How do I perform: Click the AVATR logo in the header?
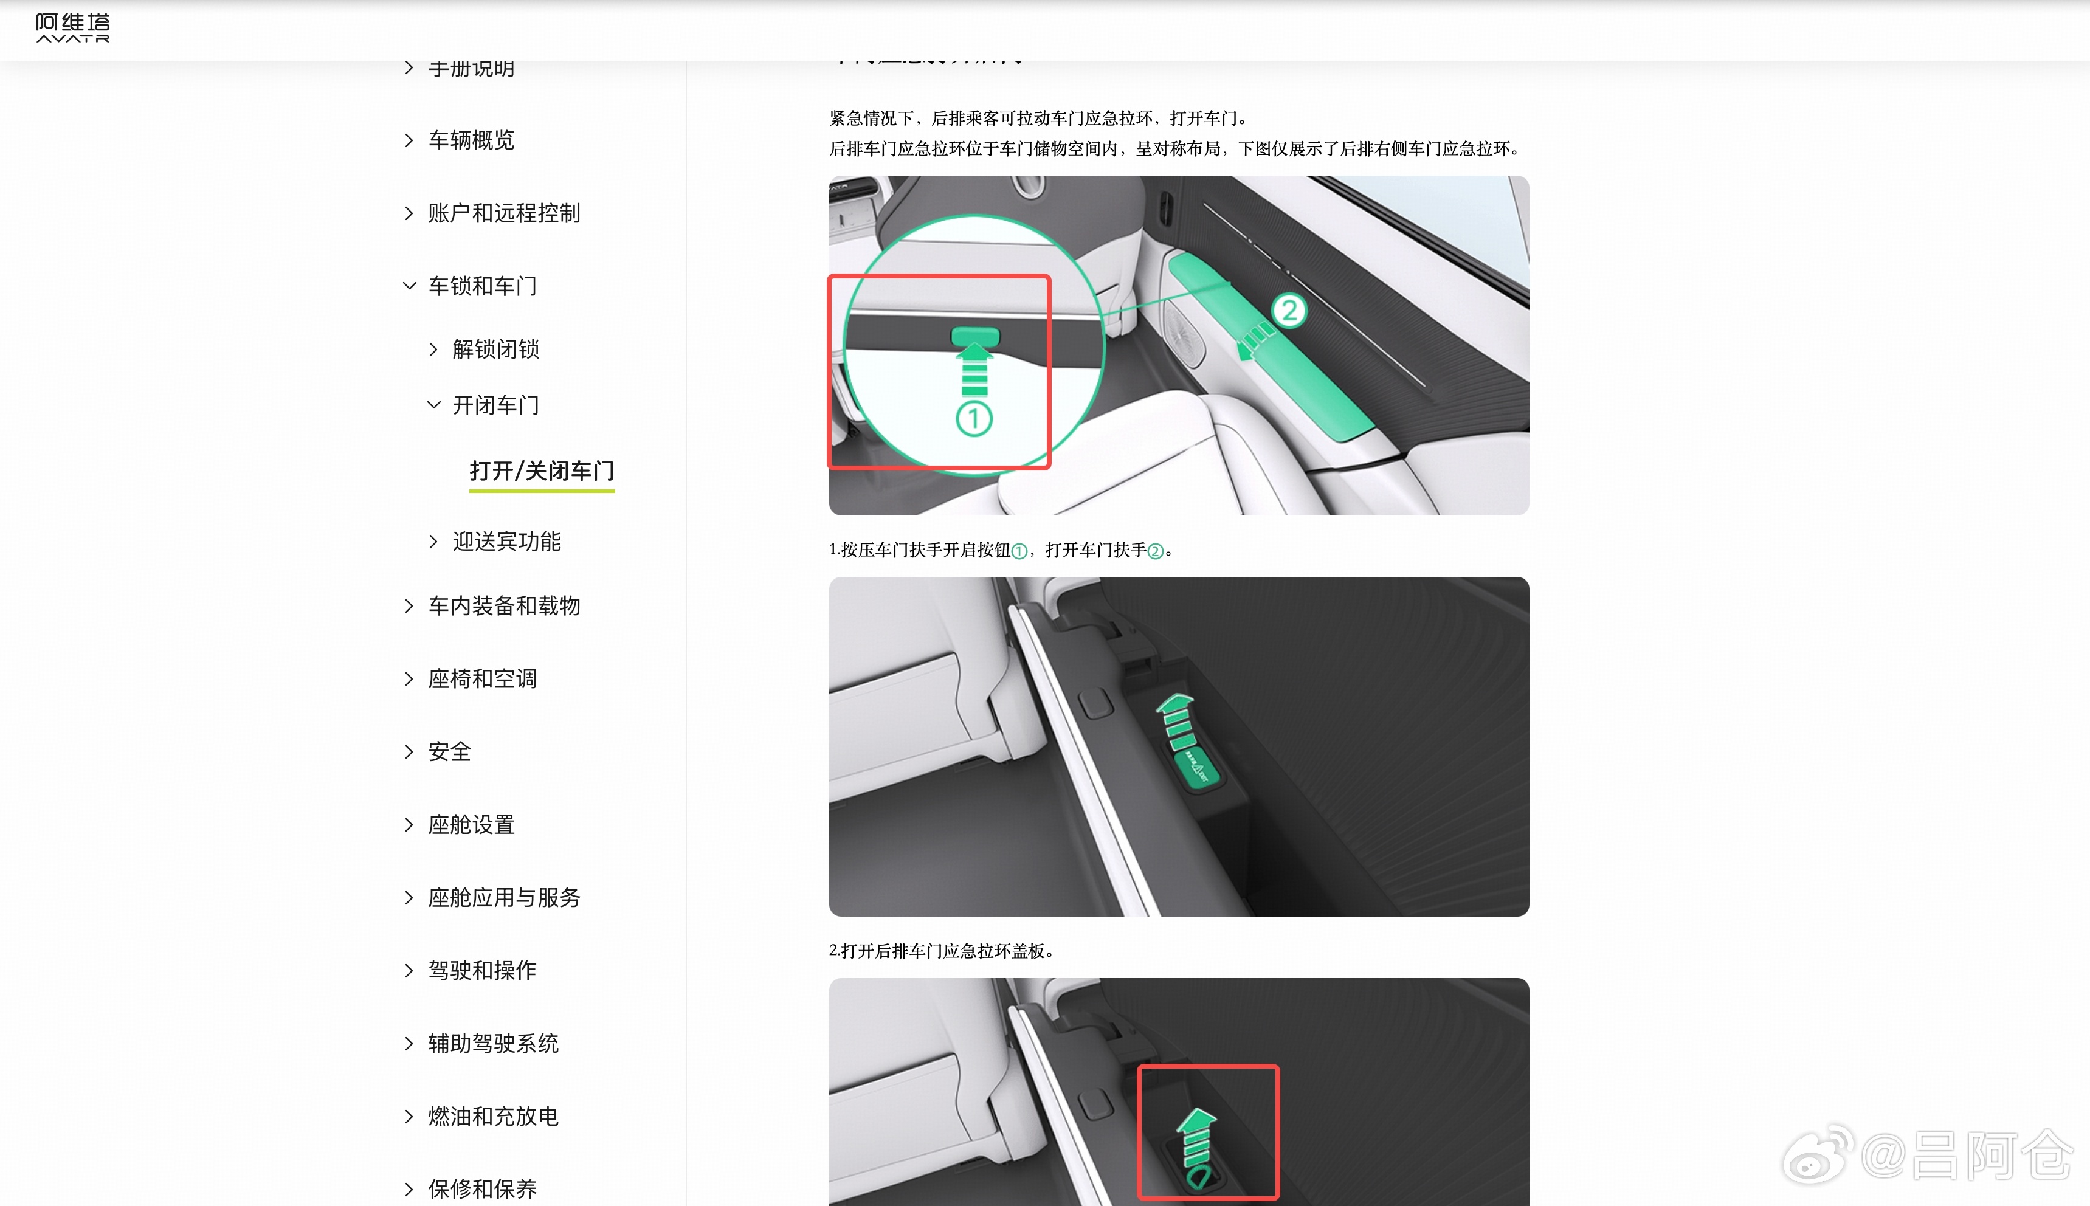coord(73,27)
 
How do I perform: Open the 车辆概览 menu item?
coord(471,140)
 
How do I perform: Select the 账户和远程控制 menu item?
coord(503,213)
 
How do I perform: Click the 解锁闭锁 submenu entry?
coord(495,349)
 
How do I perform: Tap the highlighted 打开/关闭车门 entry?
coord(542,470)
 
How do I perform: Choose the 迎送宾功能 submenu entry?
coord(506,541)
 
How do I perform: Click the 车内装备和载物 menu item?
coord(503,605)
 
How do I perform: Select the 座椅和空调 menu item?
coord(482,678)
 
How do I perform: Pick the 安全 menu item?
coord(449,751)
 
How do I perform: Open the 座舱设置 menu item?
coord(471,824)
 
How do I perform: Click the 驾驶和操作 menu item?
coord(482,970)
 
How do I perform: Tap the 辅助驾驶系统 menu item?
coord(493,1043)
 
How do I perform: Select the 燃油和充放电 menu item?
coord(493,1115)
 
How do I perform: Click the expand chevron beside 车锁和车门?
coord(409,286)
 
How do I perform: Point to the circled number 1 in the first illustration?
coord(974,418)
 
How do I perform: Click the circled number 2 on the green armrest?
coord(1289,311)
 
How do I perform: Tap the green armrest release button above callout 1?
coord(975,336)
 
